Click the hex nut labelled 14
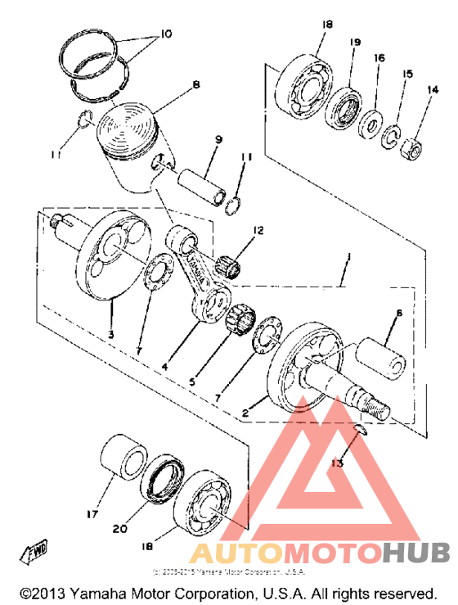click(411, 147)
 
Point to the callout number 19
click(355, 41)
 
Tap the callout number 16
click(379, 58)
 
